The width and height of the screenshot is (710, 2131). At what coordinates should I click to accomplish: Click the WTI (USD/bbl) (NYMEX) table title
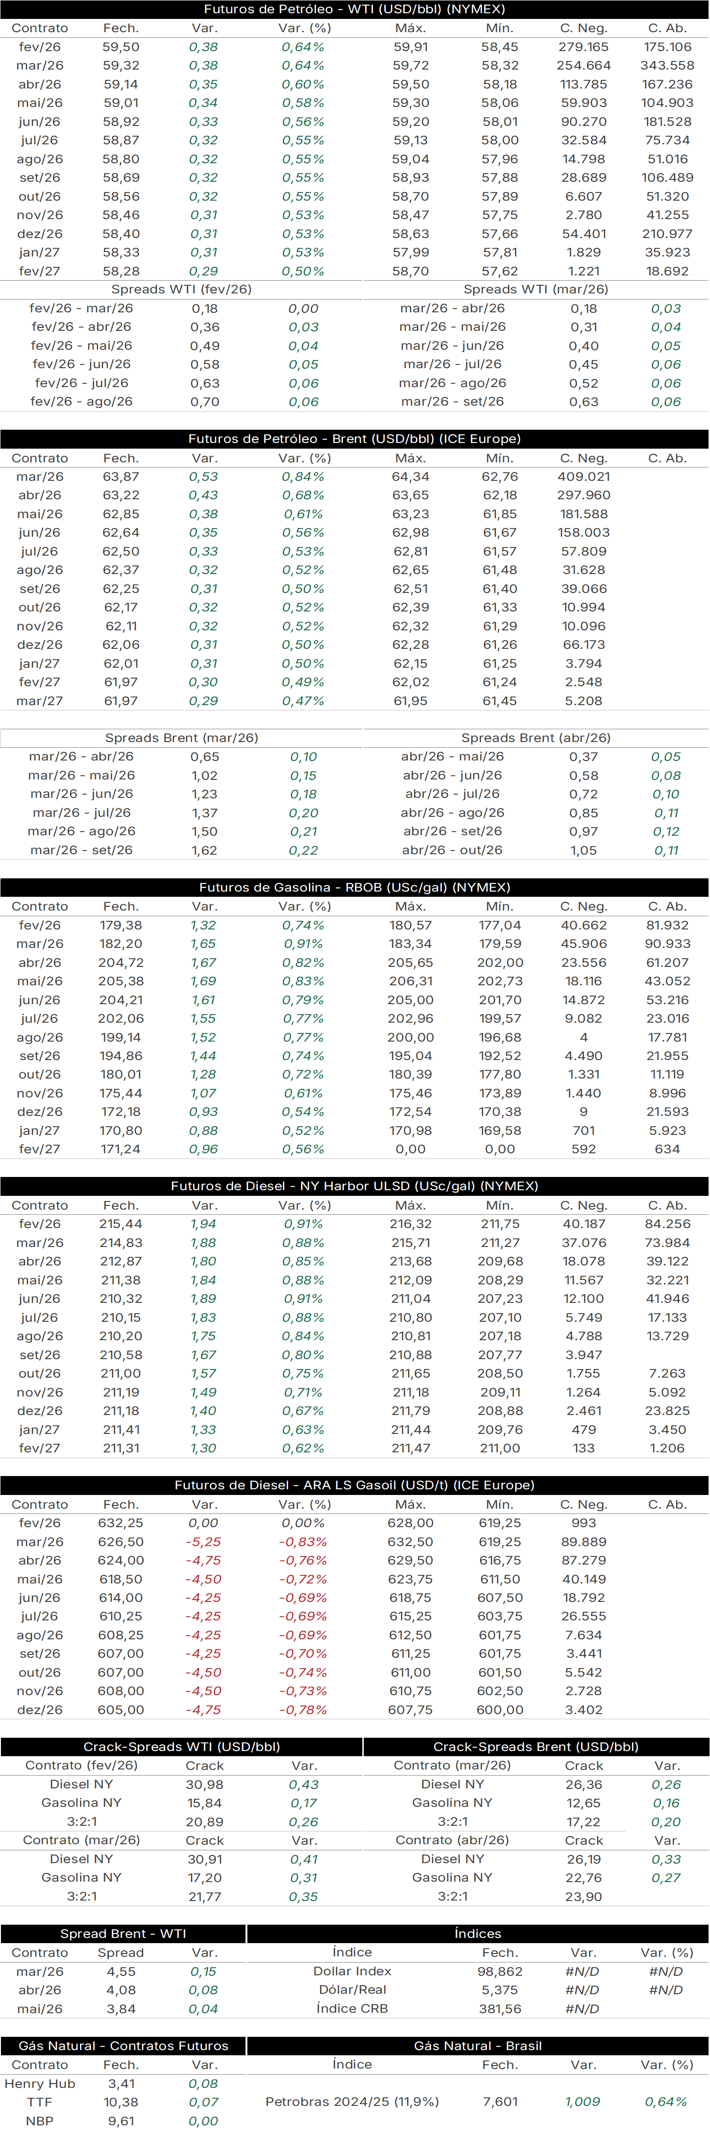point(355,9)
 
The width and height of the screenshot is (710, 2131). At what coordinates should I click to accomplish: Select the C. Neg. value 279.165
point(584,47)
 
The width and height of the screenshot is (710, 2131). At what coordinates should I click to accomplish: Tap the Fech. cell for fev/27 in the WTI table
point(121,271)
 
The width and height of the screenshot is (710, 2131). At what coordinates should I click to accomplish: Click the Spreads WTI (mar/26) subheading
point(535,290)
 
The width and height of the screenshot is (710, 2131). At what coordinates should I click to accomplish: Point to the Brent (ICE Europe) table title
point(355,439)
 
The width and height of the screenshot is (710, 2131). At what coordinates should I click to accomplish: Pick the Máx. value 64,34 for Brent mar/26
point(411,477)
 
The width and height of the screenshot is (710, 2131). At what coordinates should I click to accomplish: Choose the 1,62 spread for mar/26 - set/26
point(204,850)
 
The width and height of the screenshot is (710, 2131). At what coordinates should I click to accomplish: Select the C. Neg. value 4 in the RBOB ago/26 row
point(584,1037)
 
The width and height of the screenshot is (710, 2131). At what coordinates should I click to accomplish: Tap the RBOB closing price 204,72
point(121,963)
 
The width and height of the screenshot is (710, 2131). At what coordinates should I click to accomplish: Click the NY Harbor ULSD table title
point(355,1186)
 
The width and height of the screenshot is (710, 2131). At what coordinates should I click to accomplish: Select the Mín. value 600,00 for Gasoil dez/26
point(500,1710)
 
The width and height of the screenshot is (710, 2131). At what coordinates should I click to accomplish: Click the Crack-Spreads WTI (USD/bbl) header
point(182,1747)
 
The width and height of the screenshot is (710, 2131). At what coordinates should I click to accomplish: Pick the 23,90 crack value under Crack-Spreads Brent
point(584,1897)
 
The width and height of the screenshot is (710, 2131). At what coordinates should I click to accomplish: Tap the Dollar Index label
point(352,1972)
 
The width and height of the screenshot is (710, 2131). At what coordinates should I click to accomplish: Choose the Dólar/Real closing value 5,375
point(500,1990)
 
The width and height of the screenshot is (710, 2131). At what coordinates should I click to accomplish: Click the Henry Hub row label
point(40,2084)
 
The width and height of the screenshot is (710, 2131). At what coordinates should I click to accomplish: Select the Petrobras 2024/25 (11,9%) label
point(352,2102)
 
